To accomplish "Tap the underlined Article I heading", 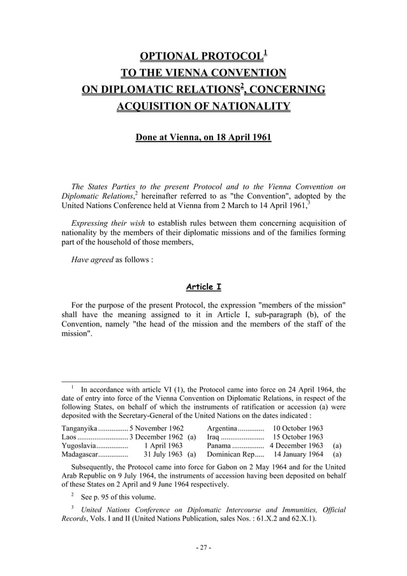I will pos(203,286).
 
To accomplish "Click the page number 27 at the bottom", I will pos(204,547).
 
